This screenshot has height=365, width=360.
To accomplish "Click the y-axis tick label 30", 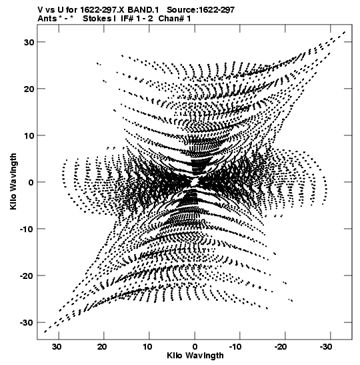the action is [29, 42].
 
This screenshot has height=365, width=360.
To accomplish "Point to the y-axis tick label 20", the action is [29, 89].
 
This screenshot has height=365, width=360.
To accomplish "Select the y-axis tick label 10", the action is [29, 135].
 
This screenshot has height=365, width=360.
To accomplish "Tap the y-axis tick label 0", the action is [31, 182].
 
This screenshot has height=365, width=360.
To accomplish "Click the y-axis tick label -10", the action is [27, 229].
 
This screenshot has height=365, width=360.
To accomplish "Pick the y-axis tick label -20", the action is [27, 276].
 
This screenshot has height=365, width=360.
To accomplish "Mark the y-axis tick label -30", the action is [27, 323].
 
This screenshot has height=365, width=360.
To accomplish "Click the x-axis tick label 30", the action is [57, 347].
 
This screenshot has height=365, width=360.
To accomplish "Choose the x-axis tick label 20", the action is [102, 347].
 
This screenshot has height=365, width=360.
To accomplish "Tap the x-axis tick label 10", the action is [148, 347].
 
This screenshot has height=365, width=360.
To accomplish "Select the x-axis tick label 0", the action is [195, 347].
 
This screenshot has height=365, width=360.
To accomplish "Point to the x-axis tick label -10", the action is [237, 347].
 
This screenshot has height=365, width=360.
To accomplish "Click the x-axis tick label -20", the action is [282, 347].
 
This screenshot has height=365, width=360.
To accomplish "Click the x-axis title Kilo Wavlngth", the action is [195, 356].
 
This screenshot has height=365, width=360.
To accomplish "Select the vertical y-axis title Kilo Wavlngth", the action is [13, 181].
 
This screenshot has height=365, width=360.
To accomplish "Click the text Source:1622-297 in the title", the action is [201, 10].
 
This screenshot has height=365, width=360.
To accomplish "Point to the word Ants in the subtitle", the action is [47, 19].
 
